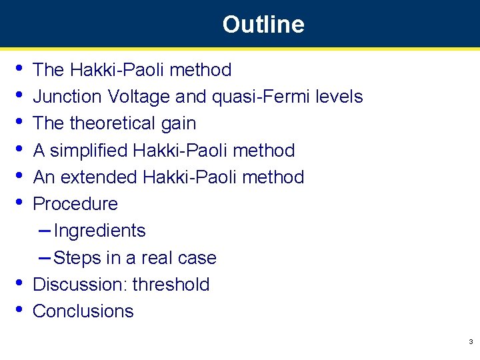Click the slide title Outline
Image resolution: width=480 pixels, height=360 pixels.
263,25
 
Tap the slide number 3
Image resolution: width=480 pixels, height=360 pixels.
471,342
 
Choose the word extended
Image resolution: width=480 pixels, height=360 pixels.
108,177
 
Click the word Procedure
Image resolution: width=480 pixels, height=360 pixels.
75,204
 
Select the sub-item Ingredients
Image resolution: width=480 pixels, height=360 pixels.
100,231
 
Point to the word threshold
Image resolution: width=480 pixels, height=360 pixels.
171,285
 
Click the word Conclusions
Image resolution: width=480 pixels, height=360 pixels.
83,311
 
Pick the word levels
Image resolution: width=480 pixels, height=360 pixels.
339,97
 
